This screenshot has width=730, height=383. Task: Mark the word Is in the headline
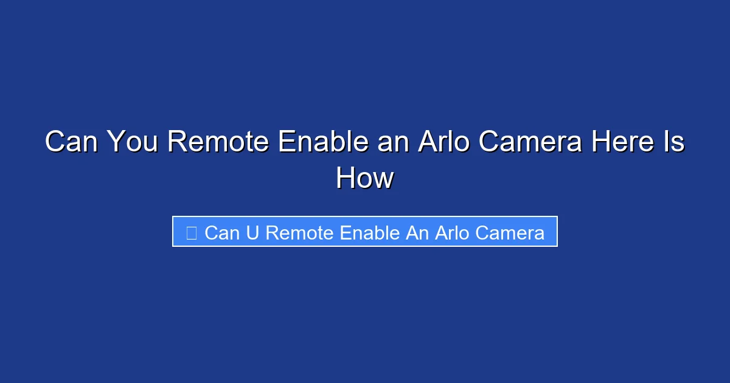tap(675, 142)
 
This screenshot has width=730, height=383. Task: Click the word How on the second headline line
tap(365, 179)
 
